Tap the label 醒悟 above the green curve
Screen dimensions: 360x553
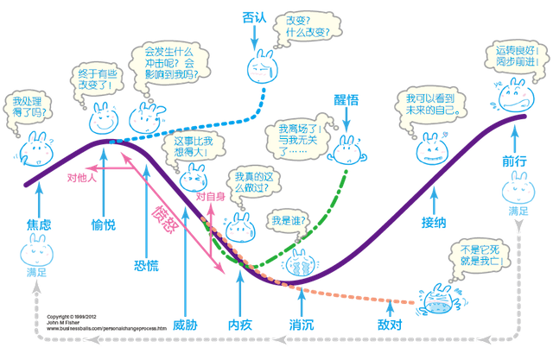(346, 102)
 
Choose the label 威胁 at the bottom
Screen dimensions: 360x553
(185, 325)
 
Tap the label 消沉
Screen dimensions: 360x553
(302, 325)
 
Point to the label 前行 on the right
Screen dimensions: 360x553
(513, 161)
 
